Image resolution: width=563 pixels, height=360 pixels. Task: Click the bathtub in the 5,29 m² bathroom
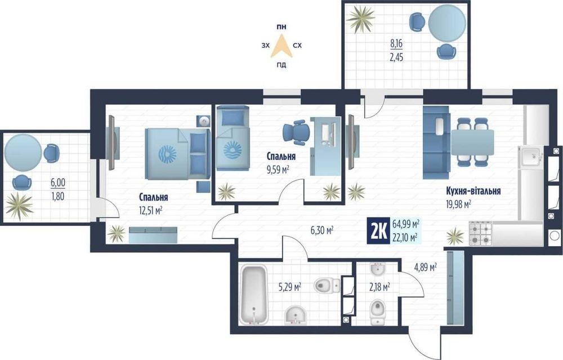pyautogui.click(x=254, y=294)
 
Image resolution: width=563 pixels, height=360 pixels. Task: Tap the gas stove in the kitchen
pyautogui.click(x=480, y=234)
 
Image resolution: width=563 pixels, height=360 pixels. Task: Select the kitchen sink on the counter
pyautogui.click(x=530, y=157)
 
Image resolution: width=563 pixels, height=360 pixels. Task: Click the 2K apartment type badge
pyautogui.click(x=378, y=231)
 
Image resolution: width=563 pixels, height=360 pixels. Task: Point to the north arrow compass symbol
pyautogui.click(x=282, y=46)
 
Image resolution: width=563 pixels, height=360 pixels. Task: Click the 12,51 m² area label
pyautogui.click(x=150, y=210)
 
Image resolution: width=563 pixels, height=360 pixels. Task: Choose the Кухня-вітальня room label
pyautogui.click(x=473, y=190)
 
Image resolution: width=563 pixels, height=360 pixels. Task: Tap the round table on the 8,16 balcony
pyautogui.click(x=446, y=23)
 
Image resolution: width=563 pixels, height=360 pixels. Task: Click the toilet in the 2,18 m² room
pyautogui.click(x=377, y=311)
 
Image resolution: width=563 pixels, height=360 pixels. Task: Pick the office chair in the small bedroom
pyautogui.click(x=296, y=132)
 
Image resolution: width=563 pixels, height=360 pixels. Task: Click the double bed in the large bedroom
pyautogui.click(x=177, y=153)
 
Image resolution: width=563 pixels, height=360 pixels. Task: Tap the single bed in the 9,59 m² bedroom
pyautogui.click(x=233, y=138)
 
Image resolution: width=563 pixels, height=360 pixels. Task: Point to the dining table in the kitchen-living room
pyautogui.click(x=472, y=143)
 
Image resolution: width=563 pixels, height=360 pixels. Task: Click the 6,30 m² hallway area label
pyautogui.click(x=322, y=230)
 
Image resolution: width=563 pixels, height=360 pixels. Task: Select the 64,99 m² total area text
pyautogui.click(x=406, y=224)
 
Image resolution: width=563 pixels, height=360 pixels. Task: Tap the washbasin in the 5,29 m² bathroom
pyautogui.click(x=295, y=315)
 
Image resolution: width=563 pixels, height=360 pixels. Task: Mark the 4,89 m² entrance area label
pyautogui.click(x=426, y=267)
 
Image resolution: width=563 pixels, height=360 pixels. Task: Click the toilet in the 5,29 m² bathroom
pyautogui.click(x=327, y=286)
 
